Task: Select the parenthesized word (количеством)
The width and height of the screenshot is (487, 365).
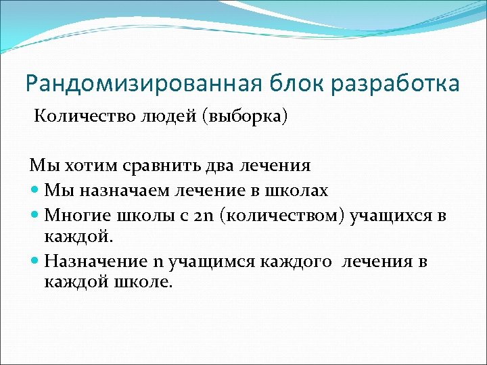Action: coord(283,215)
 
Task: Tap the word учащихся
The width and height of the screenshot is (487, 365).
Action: coord(392,215)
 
